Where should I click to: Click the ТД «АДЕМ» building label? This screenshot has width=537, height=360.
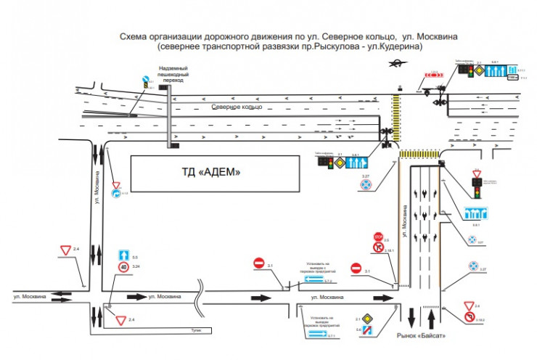[x=210, y=172]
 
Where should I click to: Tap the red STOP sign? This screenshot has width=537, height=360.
[x=377, y=237]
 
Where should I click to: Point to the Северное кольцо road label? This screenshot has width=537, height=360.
[x=235, y=107]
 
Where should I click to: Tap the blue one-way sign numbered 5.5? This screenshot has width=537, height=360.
[x=123, y=255]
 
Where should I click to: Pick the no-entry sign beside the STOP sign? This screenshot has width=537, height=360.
[x=356, y=268]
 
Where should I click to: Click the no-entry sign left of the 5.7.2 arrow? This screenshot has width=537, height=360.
[x=259, y=263]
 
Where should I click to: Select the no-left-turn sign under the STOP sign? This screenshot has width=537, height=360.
[x=377, y=248]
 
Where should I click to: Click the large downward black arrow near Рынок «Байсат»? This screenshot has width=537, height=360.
[x=411, y=317]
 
